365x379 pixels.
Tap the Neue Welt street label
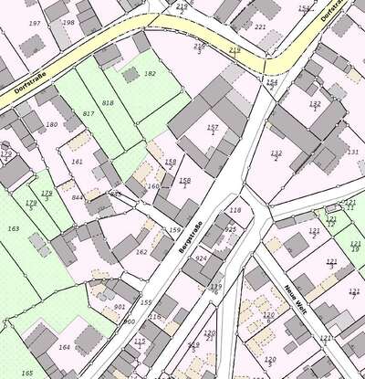click(x=293, y=297)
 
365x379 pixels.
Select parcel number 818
click(x=109, y=103)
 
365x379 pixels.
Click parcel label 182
click(x=150, y=73)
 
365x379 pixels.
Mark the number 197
click(x=35, y=23)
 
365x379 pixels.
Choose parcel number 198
click(x=68, y=22)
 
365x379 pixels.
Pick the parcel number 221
click(x=260, y=26)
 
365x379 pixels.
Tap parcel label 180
click(x=51, y=124)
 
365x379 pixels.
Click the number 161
click(x=77, y=162)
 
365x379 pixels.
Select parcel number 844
click(x=77, y=197)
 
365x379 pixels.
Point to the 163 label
click(x=13, y=228)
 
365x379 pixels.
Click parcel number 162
click(x=141, y=251)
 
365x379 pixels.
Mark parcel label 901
click(x=120, y=307)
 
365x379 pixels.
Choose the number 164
click(x=64, y=347)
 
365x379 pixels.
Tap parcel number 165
click(x=27, y=373)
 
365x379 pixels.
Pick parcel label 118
click(x=235, y=210)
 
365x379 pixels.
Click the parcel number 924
click(x=202, y=258)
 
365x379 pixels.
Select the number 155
click(x=146, y=302)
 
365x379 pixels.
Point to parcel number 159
click(x=175, y=230)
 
